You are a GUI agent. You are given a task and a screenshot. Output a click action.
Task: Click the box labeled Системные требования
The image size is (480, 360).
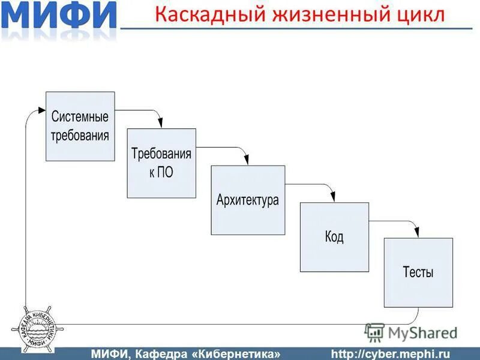point(80,126)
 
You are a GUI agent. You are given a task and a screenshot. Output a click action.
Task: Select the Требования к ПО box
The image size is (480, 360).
point(161,163)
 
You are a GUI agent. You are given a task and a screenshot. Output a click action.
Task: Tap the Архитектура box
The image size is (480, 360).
point(248,200)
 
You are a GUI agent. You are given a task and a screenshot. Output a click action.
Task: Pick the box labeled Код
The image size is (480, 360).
point(334,237)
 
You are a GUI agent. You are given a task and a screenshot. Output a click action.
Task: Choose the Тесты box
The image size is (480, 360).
point(418,272)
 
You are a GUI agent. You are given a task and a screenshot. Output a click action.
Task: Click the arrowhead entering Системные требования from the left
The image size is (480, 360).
point(41,110)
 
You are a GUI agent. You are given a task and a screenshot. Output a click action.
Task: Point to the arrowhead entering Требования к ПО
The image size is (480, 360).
point(160,124)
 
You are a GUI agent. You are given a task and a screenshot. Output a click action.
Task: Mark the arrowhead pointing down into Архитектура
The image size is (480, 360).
point(245,161)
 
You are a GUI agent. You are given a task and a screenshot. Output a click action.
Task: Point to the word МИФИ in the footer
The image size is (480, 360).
point(112,353)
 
